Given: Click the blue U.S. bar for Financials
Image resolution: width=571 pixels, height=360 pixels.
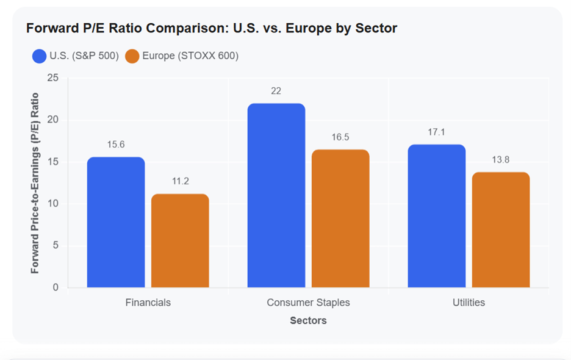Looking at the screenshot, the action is tap(116, 222).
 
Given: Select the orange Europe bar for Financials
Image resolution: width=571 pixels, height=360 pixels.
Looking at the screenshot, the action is tap(180, 240).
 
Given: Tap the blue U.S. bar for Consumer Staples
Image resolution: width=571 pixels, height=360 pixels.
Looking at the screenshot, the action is tap(276, 195).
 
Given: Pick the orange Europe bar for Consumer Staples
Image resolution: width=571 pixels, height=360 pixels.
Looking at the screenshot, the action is tap(340, 218).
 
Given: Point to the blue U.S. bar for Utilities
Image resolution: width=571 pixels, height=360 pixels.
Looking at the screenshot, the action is tap(437, 216).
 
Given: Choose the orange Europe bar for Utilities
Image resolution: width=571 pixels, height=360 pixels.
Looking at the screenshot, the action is tap(501, 229).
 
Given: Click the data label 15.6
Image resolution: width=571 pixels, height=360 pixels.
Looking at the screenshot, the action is tap(116, 145).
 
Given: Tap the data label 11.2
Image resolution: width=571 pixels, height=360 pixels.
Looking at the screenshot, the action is tap(180, 181).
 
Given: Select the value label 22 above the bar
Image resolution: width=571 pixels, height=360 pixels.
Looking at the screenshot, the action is tap(276, 91).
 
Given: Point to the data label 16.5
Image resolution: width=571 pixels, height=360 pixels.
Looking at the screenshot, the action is tap(340, 137).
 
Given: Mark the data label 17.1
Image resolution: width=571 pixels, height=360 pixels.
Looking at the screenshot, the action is tap(436, 132).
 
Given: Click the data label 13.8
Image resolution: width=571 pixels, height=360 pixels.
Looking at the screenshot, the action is tap(501, 160).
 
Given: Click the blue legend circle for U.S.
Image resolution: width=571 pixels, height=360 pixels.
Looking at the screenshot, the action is tap(39, 56).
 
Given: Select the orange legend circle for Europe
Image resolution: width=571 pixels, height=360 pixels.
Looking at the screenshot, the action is tap(132, 56).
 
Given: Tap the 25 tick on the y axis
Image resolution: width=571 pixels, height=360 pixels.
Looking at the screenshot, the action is tap(53, 77).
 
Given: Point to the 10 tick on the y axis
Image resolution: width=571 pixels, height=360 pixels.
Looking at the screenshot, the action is tap(53, 203).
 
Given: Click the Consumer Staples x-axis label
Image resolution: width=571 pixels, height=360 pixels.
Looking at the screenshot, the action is tap(309, 303).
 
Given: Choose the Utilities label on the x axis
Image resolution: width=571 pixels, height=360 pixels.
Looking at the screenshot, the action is tap(469, 303).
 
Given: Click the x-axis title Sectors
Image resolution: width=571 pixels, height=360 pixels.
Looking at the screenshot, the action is tap(309, 320).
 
